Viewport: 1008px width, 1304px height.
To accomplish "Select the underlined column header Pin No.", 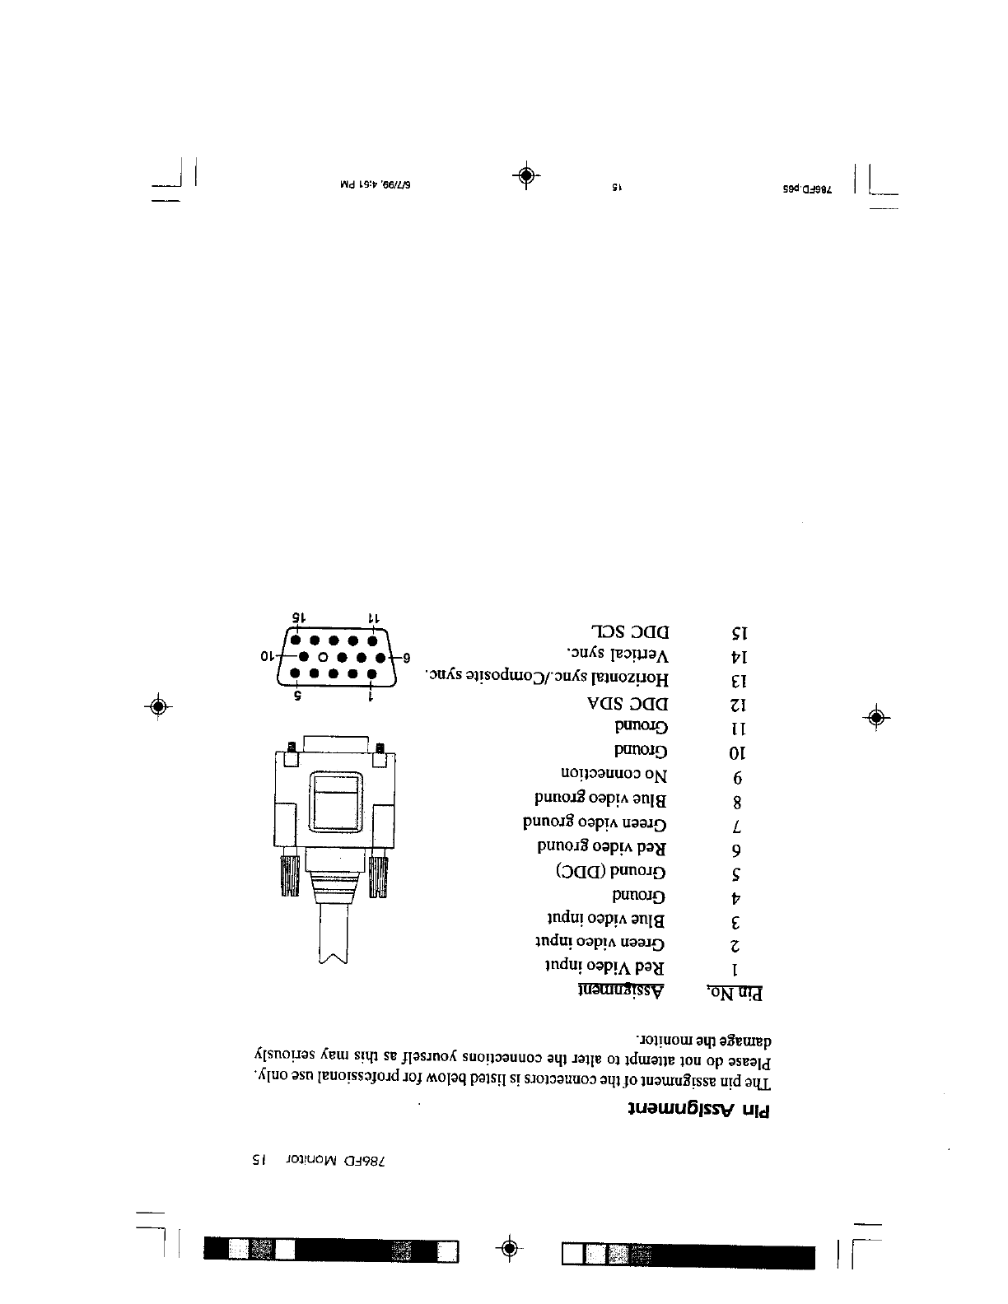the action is [735, 994].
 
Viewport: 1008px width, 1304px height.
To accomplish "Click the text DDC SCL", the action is [630, 631].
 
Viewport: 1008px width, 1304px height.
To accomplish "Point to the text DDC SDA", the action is [629, 704].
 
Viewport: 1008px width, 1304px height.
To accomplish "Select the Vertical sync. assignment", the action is [618, 655].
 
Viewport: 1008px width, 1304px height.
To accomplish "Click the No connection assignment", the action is [614, 775].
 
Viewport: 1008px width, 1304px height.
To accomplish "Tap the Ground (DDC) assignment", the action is [610, 870].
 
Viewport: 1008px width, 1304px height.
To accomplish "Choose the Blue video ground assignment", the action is [600, 799].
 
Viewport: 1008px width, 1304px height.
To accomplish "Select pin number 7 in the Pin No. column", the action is [737, 826].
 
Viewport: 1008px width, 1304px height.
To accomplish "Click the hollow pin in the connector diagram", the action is [324, 658].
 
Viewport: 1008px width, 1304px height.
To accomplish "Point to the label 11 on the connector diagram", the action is [372, 617].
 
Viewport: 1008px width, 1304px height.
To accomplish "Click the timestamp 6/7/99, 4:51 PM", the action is [376, 186].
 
